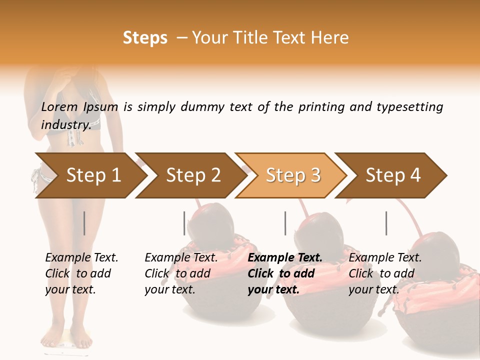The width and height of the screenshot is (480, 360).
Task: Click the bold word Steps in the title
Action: pyautogui.click(x=145, y=38)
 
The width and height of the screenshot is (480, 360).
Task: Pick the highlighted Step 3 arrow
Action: pyautogui.click(x=293, y=175)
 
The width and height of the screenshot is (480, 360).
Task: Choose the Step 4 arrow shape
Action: pyautogui.click(x=393, y=175)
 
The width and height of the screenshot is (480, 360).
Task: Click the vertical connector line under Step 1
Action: pyautogui.click(x=84, y=223)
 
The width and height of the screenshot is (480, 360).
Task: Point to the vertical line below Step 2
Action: pyautogui.click(x=184, y=223)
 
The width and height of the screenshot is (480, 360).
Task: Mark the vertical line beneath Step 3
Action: pyautogui.click(x=285, y=223)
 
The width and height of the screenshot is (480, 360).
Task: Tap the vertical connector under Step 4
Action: pyautogui.click(x=386, y=223)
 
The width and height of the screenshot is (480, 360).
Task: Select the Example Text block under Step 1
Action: pyautogui.click(x=81, y=273)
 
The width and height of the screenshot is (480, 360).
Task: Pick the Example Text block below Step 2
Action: pyautogui.click(x=181, y=273)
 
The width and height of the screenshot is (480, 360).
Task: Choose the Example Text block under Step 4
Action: pyautogui.click(x=385, y=273)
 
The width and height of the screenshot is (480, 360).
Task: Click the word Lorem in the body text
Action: pyautogui.click(x=59, y=107)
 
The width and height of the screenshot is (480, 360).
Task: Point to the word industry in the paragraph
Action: pyautogui.click(x=65, y=125)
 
